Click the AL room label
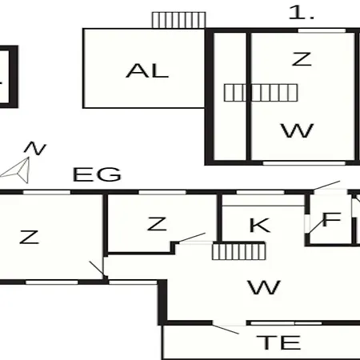tap(147, 71)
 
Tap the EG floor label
tap(97, 174)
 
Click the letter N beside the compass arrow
tap(35, 148)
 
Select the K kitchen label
tap(259, 226)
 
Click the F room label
tap(332, 219)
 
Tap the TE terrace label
tap(278, 342)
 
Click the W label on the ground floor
tap(264, 287)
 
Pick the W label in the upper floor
tap(298, 130)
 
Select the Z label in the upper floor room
tap(302, 59)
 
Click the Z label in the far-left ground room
tap(30, 237)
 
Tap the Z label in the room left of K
tap(157, 224)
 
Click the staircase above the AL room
tap(178, 20)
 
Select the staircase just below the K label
tap(239, 251)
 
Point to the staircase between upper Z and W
tap(261, 93)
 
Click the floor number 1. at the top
tap(302, 13)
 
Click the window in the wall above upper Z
tap(322, 30)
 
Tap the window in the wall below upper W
tap(304, 163)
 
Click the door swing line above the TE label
tap(226, 329)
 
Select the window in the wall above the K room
tap(260, 192)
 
